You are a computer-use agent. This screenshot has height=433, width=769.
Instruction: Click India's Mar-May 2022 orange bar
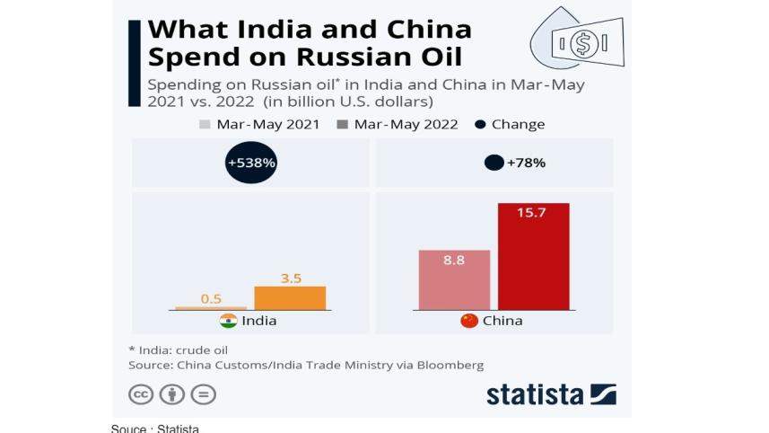point(290,297)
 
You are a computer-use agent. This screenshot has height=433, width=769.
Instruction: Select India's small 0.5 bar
point(210,308)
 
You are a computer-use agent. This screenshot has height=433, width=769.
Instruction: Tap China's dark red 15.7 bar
point(533,257)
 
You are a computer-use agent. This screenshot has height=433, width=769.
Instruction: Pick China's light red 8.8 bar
point(454,280)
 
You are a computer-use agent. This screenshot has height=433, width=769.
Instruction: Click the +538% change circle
point(251,163)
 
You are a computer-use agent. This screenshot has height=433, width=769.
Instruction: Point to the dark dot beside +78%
point(494,163)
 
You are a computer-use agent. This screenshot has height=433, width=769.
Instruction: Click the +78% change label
point(527,163)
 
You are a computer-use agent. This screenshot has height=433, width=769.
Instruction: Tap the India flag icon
point(228,321)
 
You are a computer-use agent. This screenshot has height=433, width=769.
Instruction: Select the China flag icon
point(468,321)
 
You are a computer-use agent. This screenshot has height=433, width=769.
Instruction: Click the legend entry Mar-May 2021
point(259,124)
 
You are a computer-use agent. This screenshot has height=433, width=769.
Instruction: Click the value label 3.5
point(291,278)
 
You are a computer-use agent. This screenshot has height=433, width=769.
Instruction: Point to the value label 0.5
point(211,299)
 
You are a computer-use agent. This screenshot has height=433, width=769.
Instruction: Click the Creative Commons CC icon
point(142,394)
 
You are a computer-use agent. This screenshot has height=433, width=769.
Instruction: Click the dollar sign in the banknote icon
point(584,42)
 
